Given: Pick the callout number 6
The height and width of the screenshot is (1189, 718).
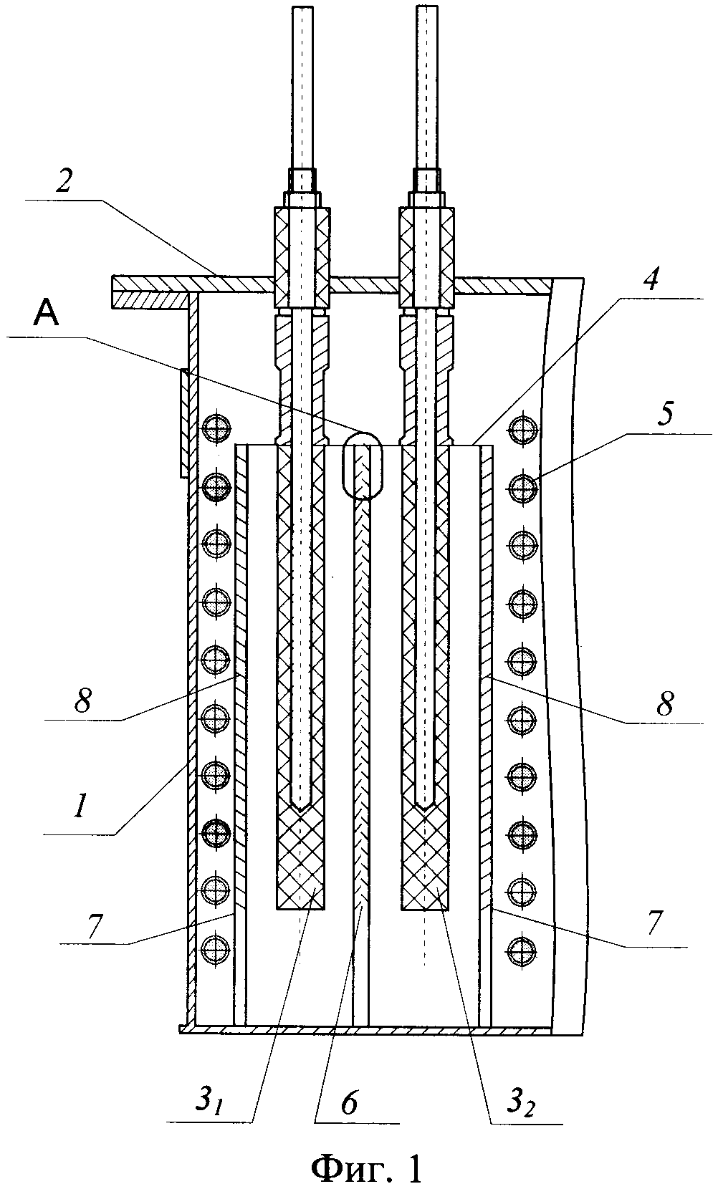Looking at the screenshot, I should pos(349,1104).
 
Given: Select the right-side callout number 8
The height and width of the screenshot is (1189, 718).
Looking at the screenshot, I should pos(666,705).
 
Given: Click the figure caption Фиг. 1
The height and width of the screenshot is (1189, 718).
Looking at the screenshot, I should pos(366,1168).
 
